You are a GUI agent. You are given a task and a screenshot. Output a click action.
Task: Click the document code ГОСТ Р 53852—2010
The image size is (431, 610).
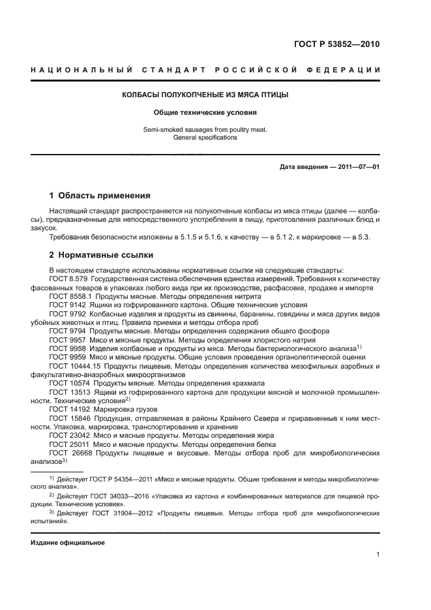338,44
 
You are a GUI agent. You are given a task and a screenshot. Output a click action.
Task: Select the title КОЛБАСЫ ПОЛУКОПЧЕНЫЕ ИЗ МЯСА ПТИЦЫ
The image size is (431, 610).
205,95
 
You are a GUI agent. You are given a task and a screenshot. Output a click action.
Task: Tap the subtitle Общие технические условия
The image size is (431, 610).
205,112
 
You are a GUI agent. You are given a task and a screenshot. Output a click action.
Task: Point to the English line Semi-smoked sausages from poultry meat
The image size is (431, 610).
205,130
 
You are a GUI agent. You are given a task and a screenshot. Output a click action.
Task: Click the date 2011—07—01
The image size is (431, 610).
357,167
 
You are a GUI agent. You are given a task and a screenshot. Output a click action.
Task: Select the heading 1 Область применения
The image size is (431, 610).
100,195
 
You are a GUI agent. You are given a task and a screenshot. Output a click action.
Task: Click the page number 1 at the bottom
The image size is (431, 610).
378,555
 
